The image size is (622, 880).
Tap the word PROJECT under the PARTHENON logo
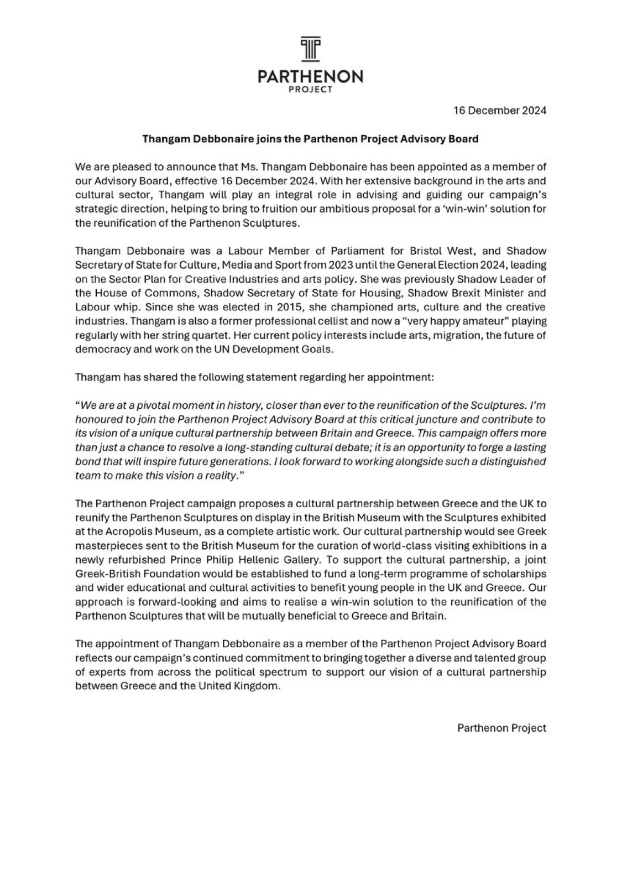pyautogui.click(x=311, y=90)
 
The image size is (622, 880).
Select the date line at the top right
pyautogui.click(x=499, y=111)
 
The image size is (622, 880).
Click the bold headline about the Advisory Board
pyautogui.click(x=310, y=139)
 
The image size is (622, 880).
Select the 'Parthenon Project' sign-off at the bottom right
pyautogui.click(x=501, y=728)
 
